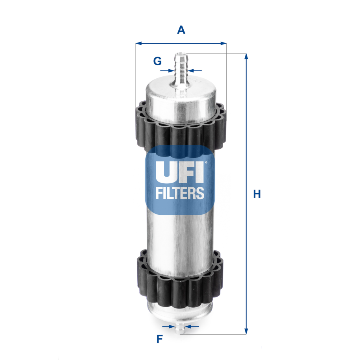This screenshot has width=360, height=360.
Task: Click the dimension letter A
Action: point(181,30)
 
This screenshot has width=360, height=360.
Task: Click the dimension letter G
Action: point(157,61)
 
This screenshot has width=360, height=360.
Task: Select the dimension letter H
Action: point(257,194)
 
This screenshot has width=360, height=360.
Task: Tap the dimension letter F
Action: point(159,339)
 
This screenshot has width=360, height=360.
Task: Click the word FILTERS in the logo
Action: point(180,193)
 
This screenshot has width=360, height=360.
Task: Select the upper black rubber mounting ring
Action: point(181,128)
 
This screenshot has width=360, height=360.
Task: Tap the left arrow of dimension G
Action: point(170,71)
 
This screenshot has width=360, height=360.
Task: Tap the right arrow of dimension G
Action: point(192,71)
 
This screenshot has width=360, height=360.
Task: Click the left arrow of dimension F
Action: point(172,326)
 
